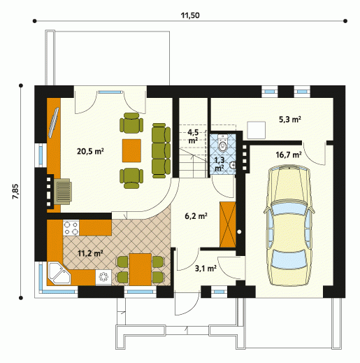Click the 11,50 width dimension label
coord(190,15)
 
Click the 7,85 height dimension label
coord(15,191)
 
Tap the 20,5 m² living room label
coord(90,151)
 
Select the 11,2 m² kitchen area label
coord(90,253)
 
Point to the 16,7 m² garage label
coord(289,155)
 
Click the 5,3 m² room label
coord(290,120)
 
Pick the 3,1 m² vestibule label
coord(206,269)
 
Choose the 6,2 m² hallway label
coord(196,216)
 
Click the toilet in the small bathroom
coord(223,143)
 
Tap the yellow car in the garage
coord(289,225)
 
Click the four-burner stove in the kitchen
coord(71,228)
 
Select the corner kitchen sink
coord(59,273)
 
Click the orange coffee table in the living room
coord(131,150)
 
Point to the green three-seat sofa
coord(161,150)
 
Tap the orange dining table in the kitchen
coord(141,269)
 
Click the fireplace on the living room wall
coord(62,192)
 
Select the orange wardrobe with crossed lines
coord(228,225)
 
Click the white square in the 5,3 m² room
coord(257,130)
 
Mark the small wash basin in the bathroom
coord(232,165)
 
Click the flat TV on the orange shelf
coord(53,122)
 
